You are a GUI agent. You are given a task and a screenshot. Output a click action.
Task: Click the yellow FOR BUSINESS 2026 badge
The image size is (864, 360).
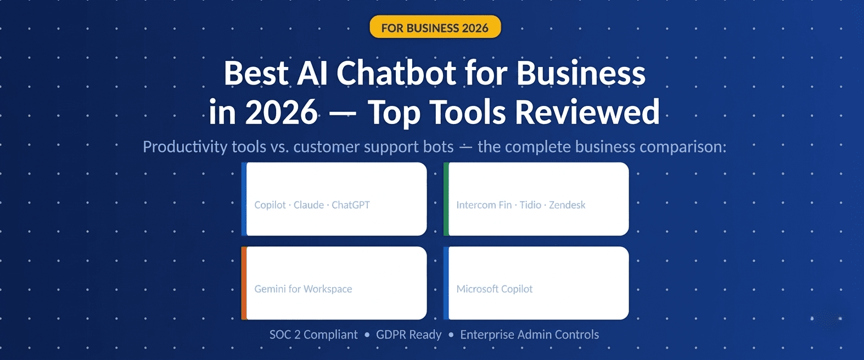point(435,27)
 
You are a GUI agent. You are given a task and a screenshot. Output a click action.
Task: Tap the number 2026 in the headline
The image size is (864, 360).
point(281,113)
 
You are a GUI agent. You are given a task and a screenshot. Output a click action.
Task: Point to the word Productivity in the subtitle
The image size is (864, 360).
point(185,147)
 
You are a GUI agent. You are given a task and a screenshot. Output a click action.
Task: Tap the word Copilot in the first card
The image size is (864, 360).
point(270,205)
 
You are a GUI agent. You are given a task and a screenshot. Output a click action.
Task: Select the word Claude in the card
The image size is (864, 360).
point(308,205)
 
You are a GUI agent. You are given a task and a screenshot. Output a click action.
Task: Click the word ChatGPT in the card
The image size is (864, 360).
point(351,205)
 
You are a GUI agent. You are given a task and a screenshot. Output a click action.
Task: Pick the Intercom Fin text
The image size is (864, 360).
point(484,205)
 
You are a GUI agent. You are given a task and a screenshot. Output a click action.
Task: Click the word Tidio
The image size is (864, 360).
point(530,205)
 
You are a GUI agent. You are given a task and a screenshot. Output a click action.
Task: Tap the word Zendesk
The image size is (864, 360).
point(567,205)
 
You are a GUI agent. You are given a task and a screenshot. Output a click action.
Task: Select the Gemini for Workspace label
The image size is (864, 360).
point(303,289)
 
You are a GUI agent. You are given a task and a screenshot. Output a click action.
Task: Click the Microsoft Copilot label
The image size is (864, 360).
point(494,289)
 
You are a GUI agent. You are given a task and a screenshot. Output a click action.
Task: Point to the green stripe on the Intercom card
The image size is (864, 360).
point(446,199)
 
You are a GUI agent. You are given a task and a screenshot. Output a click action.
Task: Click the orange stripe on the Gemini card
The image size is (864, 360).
point(244,283)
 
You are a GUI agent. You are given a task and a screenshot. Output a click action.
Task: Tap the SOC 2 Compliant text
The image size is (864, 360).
point(313,335)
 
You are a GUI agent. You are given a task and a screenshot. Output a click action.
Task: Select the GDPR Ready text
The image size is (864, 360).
point(408,335)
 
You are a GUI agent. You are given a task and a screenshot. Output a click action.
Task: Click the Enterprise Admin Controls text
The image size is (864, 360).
point(529,335)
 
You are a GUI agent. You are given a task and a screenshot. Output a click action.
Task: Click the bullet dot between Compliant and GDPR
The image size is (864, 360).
point(367,335)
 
